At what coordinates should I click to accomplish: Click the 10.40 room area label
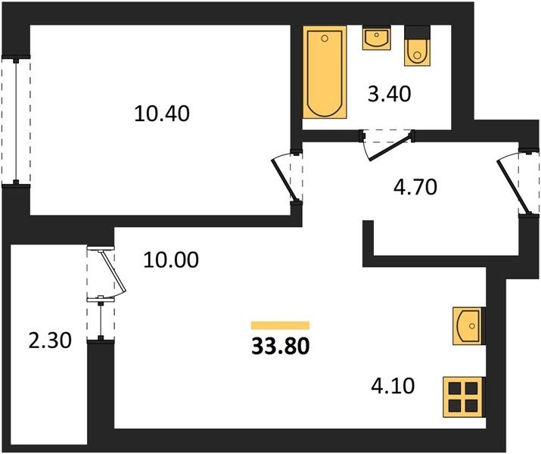(162, 113)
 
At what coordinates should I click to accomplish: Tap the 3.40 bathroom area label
(390, 94)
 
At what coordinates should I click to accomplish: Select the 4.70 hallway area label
(415, 187)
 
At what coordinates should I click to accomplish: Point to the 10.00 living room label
(171, 260)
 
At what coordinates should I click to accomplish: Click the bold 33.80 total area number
(281, 347)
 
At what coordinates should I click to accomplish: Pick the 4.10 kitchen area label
(393, 386)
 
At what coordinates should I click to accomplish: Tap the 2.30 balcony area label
(50, 340)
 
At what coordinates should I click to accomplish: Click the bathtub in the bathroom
(325, 73)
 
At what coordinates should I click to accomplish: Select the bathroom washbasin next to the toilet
(376, 38)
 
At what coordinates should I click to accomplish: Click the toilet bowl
(418, 52)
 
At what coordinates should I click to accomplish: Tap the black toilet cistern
(418, 33)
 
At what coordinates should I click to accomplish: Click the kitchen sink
(468, 325)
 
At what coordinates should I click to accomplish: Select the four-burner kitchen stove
(463, 397)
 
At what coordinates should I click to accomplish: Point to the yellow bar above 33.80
(280, 325)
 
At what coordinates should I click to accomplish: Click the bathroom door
(390, 148)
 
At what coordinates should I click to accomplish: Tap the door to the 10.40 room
(284, 179)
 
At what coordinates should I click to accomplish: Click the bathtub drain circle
(325, 38)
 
